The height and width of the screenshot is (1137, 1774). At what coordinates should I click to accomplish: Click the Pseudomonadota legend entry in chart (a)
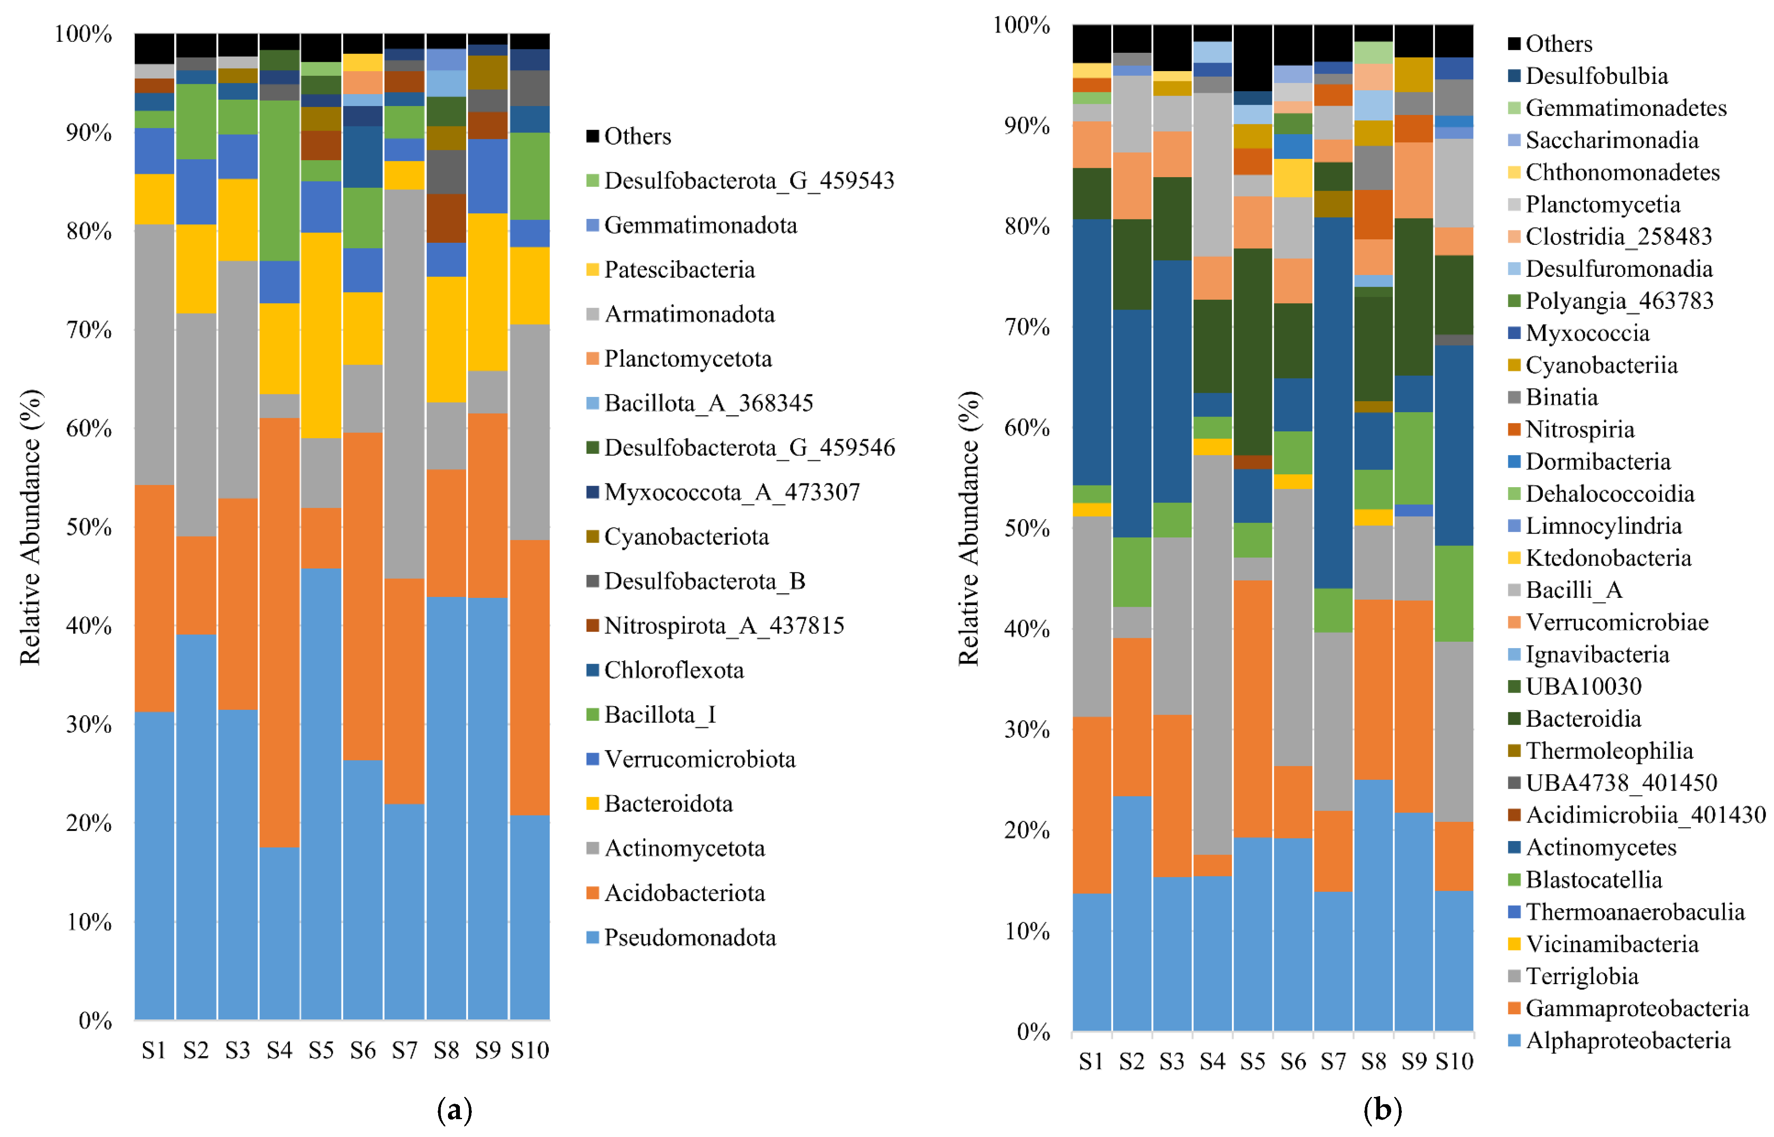680,938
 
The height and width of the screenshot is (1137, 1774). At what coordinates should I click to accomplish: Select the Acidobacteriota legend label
675,893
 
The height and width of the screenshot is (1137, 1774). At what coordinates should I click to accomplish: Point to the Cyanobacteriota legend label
678,537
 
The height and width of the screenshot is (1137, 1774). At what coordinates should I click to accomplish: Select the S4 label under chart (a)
280,1050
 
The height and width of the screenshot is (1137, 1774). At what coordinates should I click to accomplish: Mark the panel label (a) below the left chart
455,1110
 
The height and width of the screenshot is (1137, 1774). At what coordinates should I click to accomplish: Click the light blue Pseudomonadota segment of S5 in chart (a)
321,794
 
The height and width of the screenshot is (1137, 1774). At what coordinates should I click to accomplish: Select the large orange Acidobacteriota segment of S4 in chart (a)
280,632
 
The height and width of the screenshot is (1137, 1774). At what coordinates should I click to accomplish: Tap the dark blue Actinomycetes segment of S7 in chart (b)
1333,402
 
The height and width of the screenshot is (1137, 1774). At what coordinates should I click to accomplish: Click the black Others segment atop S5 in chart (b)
1253,58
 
